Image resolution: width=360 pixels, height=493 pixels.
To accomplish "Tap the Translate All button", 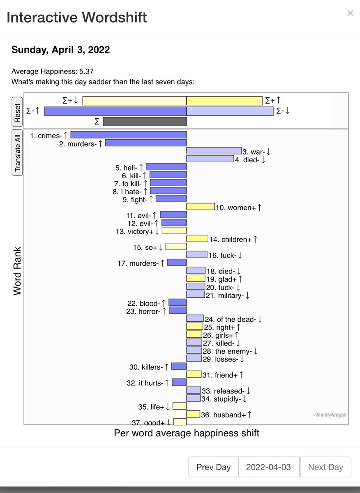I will tap(17, 153).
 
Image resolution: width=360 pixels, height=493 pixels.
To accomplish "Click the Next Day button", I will tap(325, 467).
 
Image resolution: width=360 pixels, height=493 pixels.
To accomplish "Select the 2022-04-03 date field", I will tap(268, 467).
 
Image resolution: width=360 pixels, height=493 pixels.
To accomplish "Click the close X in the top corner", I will tap(350, 13).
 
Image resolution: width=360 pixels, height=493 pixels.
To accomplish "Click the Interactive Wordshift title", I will tap(77, 17).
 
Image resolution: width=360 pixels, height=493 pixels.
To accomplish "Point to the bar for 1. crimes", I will tap(129, 135).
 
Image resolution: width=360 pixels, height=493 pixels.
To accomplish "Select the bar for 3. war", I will tap(214, 151).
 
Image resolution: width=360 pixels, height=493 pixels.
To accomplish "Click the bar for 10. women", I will tap(201, 207).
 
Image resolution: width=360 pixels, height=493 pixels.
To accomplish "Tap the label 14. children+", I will tap(236, 240).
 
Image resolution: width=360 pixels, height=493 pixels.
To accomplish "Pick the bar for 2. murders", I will tap(146, 143).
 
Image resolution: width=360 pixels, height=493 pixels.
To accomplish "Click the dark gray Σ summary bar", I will tap(145, 122).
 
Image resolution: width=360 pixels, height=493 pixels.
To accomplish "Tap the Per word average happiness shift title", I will tap(186, 433).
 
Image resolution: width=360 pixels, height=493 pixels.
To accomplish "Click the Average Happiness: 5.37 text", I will tap(55, 71).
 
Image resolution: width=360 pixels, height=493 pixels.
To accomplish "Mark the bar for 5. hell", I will tap(166, 167).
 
